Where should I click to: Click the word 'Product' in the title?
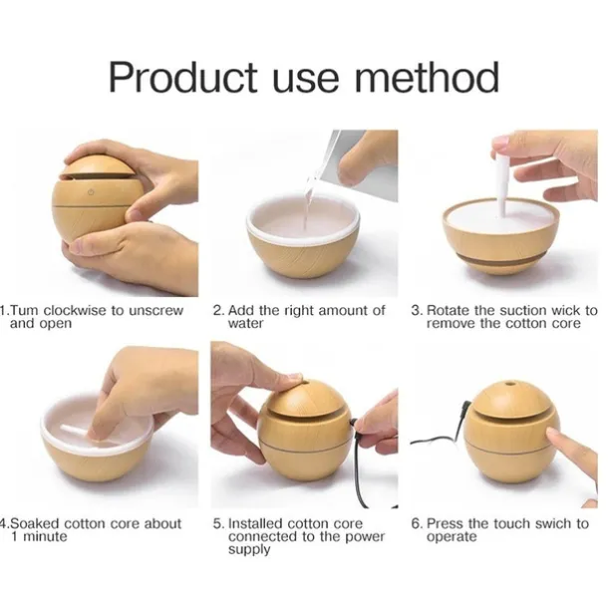[x=183, y=77]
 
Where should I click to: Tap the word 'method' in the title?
[x=427, y=77]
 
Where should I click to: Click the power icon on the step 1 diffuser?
[x=91, y=192]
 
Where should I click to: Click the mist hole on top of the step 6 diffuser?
[x=508, y=385]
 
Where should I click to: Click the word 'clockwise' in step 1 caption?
[x=75, y=311]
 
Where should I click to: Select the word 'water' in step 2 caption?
[x=245, y=323]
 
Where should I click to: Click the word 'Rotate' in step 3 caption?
[x=448, y=311]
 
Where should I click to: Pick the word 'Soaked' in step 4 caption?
[x=35, y=524]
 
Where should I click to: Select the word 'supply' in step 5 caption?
[x=249, y=550]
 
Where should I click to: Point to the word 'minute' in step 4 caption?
[x=45, y=537]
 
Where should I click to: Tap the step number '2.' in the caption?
[x=218, y=311]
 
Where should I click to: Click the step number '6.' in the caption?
[x=418, y=524]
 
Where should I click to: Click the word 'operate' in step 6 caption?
[x=452, y=538]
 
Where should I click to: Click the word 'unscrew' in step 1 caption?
[x=155, y=311]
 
